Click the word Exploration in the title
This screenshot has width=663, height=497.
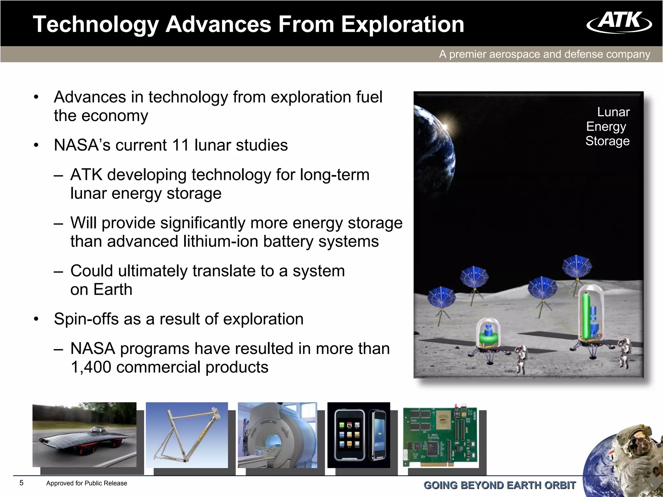(402, 25)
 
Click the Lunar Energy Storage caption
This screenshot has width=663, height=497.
(608, 127)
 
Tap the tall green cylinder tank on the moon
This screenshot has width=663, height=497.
(585, 315)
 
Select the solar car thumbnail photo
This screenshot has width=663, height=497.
(84, 434)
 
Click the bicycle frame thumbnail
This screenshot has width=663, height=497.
(187, 435)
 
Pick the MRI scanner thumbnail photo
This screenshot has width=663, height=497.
(277, 435)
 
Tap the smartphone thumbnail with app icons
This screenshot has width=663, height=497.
(359, 435)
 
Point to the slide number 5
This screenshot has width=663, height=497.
(21, 483)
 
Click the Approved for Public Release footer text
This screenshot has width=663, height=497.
(86, 483)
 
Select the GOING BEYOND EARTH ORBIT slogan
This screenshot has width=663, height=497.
(500, 485)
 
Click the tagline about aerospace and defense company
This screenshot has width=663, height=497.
(545, 54)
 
